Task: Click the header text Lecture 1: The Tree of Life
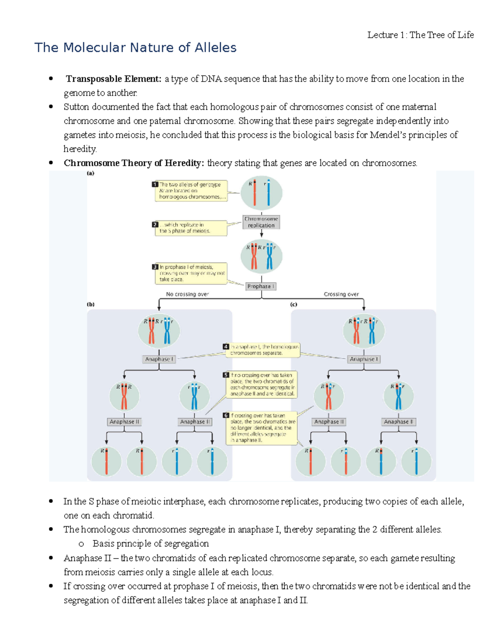420,35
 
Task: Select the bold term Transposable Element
113,79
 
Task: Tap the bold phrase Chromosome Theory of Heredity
134,163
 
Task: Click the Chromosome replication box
261,222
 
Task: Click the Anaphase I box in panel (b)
159,359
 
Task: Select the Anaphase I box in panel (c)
364,359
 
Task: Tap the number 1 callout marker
155,184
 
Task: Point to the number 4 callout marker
226,347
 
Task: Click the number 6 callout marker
226,415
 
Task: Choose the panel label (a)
90,173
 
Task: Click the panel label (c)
294,304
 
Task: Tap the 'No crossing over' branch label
187,294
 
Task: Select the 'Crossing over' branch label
341,294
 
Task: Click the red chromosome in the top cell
254,193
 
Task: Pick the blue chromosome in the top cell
268,193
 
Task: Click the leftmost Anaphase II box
124,421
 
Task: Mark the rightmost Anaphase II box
398,421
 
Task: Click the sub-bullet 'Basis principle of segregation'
150,544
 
